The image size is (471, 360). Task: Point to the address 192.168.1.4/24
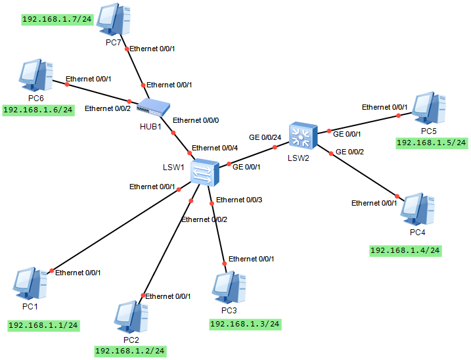pos(405,250)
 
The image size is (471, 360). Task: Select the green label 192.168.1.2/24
pos(130,351)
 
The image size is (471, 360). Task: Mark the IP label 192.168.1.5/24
pos(432,143)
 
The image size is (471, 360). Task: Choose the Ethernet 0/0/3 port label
pos(239,200)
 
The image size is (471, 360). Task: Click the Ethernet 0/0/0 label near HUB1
pos(195,120)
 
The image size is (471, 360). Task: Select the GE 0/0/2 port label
pos(349,152)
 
